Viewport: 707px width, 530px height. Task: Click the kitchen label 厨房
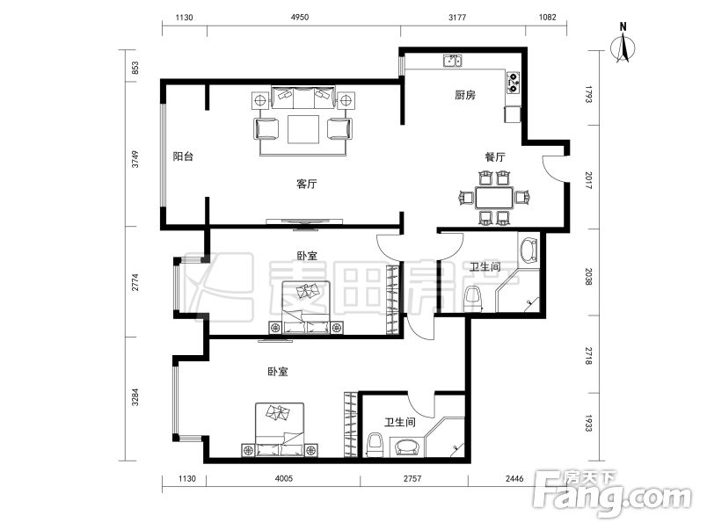pyautogui.click(x=465, y=95)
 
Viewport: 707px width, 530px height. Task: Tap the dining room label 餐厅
pyautogui.click(x=494, y=156)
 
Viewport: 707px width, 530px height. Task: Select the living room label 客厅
pyautogui.click(x=307, y=184)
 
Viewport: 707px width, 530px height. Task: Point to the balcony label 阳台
pyautogui.click(x=183, y=156)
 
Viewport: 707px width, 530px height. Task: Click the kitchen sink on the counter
pyautogui.click(x=452, y=61)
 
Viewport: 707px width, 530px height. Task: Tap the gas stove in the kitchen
pyautogui.click(x=514, y=83)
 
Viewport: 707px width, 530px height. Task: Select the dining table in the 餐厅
pyautogui.click(x=494, y=198)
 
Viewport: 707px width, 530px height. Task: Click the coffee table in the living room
pyautogui.click(x=303, y=129)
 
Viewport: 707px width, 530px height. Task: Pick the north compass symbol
pyautogui.click(x=623, y=44)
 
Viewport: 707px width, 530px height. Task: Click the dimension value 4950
pyautogui.click(x=300, y=17)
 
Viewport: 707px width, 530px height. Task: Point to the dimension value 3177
pyautogui.click(x=457, y=17)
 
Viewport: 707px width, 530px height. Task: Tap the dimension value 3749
pyautogui.click(x=135, y=159)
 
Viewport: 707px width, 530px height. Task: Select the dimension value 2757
pyautogui.click(x=412, y=478)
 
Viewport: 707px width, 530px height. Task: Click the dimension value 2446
pyautogui.click(x=514, y=478)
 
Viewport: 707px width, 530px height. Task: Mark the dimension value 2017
pyautogui.click(x=588, y=180)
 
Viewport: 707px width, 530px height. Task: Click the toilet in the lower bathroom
pyautogui.click(x=375, y=443)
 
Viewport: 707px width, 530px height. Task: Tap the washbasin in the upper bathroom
pyautogui.click(x=528, y=250)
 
